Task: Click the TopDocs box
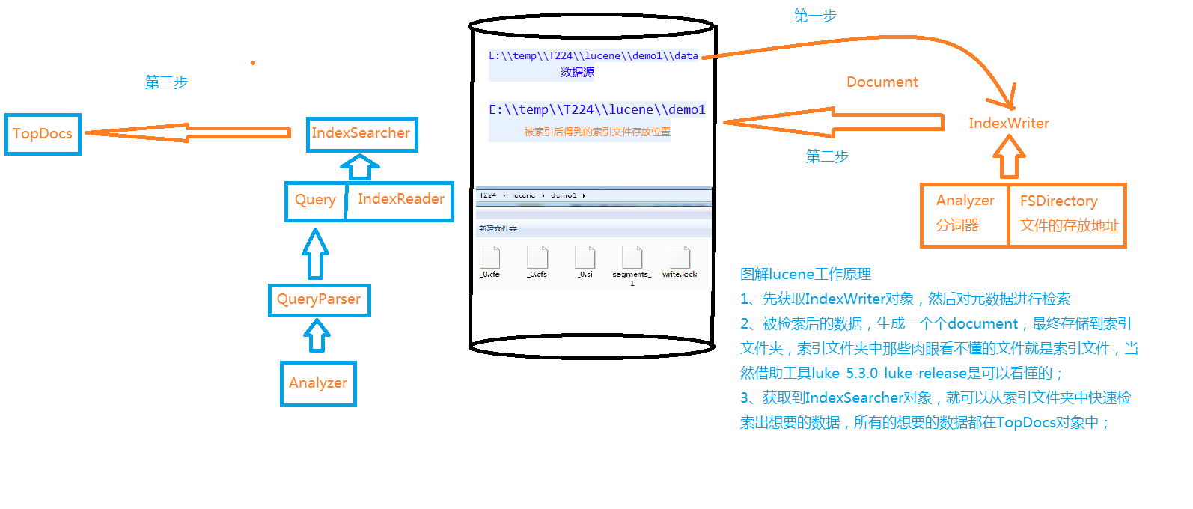(x=43, y=134)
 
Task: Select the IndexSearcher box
(x=361, y=134)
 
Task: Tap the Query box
(x=315, y=201)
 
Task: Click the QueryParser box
(x=319, y=300)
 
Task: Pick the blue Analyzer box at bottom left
(x=318, y=384)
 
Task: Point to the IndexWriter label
(x=1008, y=124)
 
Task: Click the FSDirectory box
(x=1067, y=214)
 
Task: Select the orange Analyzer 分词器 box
(x=964, y=214)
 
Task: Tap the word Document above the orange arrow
(x=882, y=82)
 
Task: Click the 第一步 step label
(x=814, y=16)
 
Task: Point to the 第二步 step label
(x=826, y=156)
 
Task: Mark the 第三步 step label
(x=166, y=82)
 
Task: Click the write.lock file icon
(x=680, y=257)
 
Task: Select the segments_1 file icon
(x=632, y=257)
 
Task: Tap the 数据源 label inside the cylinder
(x=577, y=73)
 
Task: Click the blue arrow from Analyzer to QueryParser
(x=317, y=336)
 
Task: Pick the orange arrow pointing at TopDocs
(x=187, y=132)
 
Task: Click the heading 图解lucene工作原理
(x=805, y=275)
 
